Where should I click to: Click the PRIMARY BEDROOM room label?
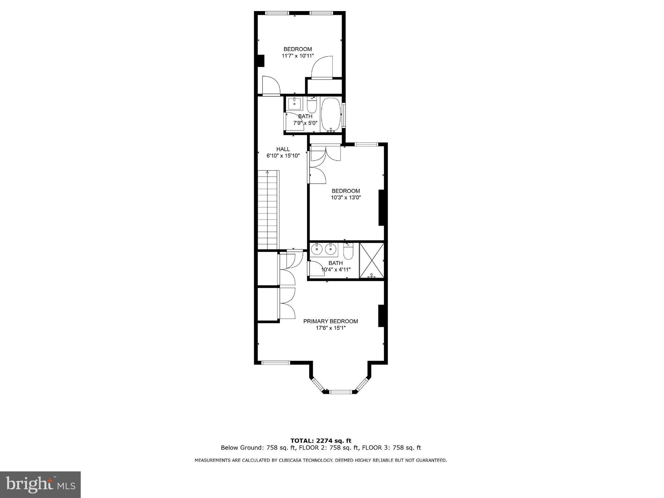coord(330,321)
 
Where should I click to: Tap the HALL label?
coord(283,149)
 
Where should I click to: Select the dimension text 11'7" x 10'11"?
coord(298,56)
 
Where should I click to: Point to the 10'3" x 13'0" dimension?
coord(346,197)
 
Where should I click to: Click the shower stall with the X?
coord(372,261)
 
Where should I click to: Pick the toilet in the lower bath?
coord(348,251)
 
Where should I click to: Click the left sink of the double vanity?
coord(316,250)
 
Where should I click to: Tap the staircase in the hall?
coord(268,210)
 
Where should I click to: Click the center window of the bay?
coord(340,392)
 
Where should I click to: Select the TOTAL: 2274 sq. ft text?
coord(321,441)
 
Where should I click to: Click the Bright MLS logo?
coord(40,484)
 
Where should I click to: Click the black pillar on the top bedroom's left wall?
coord(261,61)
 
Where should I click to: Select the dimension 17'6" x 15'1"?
coord(331,328)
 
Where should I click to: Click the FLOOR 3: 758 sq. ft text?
coord(391,448)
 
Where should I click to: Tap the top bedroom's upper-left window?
coord(277,13)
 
